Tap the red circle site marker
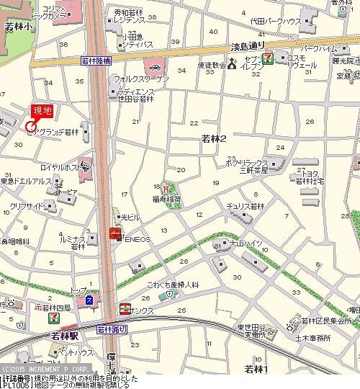click(x=31, y=128)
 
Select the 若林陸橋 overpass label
click(x=96, y=62)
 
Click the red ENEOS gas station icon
click(x=114, y=233)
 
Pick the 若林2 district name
click(x=214, y=138)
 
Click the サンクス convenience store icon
click(x=125, y=308)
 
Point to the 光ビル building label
click(x=130, y=217)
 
